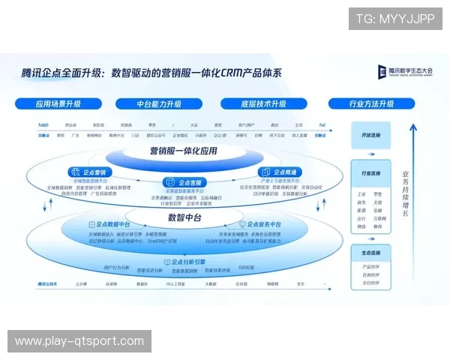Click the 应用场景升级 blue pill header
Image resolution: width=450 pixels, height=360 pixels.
[58, 103]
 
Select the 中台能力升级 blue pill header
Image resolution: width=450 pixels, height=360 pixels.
[159, 103]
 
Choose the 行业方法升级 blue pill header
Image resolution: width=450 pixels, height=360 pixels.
[371, 103]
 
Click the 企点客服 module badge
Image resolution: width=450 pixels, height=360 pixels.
[184, 182]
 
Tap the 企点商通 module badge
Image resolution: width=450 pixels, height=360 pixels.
[278, 172]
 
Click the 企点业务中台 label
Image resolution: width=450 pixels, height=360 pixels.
[259, 224]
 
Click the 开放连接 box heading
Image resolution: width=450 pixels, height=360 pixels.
[372, 135]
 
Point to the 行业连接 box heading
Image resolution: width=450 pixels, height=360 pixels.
[372, 173]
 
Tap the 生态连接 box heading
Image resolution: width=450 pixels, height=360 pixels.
[372, 252]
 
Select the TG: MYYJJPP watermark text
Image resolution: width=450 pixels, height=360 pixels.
[395, 19]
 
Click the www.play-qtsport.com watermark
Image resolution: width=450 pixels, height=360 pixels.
[79, 341]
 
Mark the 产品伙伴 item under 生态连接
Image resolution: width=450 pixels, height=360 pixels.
[371, 266]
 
